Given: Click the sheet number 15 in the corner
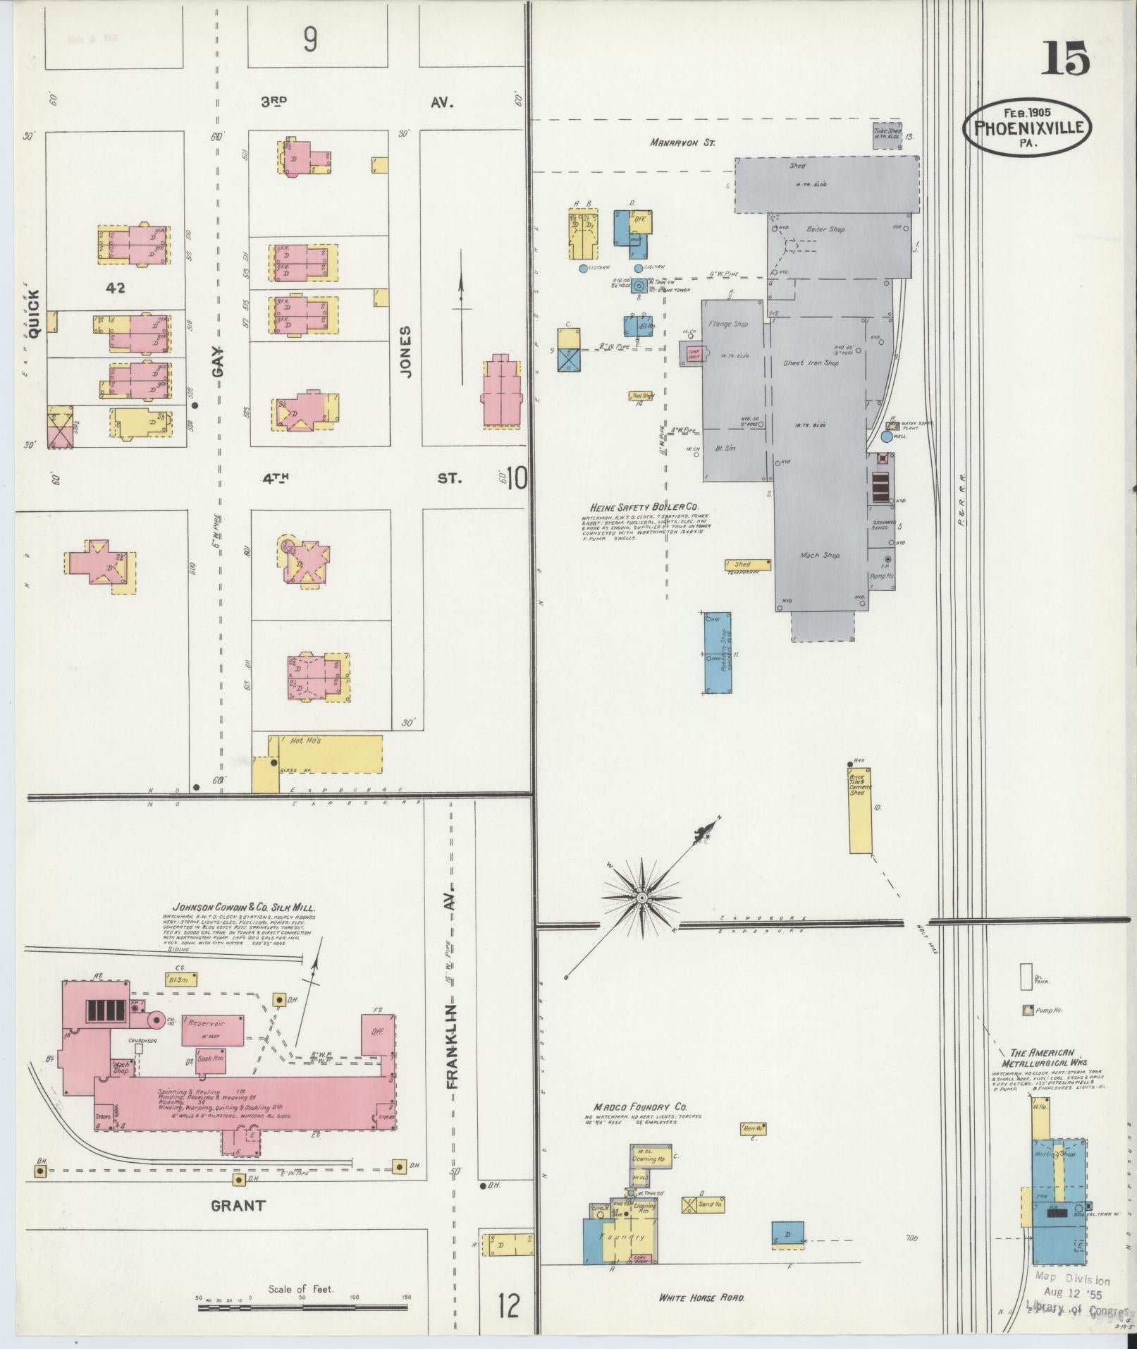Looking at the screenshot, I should coord(1066,59).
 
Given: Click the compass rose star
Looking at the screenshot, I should coord(641,898).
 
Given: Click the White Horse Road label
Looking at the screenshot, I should coord(701,1298).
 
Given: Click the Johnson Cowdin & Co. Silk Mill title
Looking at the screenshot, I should coord(244,908).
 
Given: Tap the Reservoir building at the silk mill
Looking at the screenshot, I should coord(213,1030).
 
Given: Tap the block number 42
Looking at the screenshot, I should coord(116,288).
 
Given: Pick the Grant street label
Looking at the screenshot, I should coord(239,1205).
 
